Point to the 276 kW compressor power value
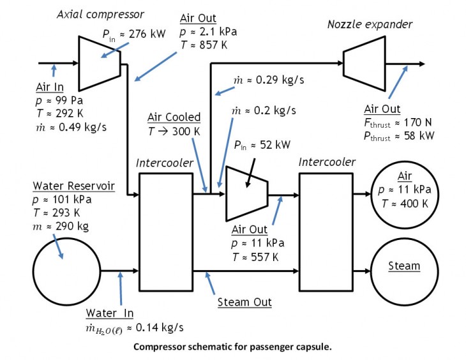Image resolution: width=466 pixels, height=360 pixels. tap(147, 34)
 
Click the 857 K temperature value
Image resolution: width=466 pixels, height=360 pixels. tap(213, 45)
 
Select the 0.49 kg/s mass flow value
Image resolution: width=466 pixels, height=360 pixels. tap(82, 127)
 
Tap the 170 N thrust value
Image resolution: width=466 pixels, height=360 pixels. tap(417, 122)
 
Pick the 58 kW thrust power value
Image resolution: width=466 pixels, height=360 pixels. tap(419, 136)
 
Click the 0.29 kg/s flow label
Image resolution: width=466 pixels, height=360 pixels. tap(280, 80)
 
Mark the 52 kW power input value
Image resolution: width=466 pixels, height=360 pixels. tap(275, 145)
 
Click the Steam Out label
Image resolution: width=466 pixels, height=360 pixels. tap(244, 303)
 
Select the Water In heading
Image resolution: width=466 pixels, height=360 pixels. tap(110, 313)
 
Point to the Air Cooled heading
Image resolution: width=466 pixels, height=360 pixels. tap(174, 117)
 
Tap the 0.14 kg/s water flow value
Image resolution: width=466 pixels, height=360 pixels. tap(160, 327)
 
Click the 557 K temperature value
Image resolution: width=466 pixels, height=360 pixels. tap(264, 257)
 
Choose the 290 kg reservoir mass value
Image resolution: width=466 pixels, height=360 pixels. tap(72, 227)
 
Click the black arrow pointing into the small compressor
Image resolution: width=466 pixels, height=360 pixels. tap(250, 173)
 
